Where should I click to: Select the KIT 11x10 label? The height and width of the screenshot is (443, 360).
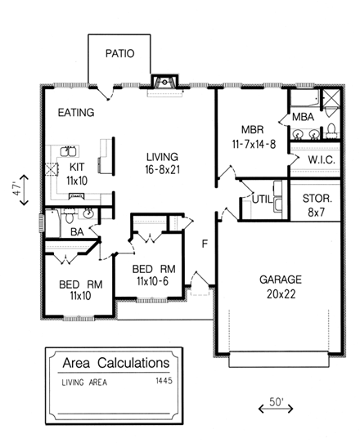[76, 172]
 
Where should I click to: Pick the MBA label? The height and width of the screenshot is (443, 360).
[303, 118]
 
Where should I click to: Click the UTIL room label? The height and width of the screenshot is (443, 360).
[261, 198]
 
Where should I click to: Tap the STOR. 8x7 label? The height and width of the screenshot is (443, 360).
[316, 204]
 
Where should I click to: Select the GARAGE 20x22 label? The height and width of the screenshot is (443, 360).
[281, 285]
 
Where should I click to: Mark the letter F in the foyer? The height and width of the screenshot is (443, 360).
[206, 243]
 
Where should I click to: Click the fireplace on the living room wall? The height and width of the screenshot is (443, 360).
[164, 81]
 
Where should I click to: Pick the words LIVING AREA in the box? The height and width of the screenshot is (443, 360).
[83, 382]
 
